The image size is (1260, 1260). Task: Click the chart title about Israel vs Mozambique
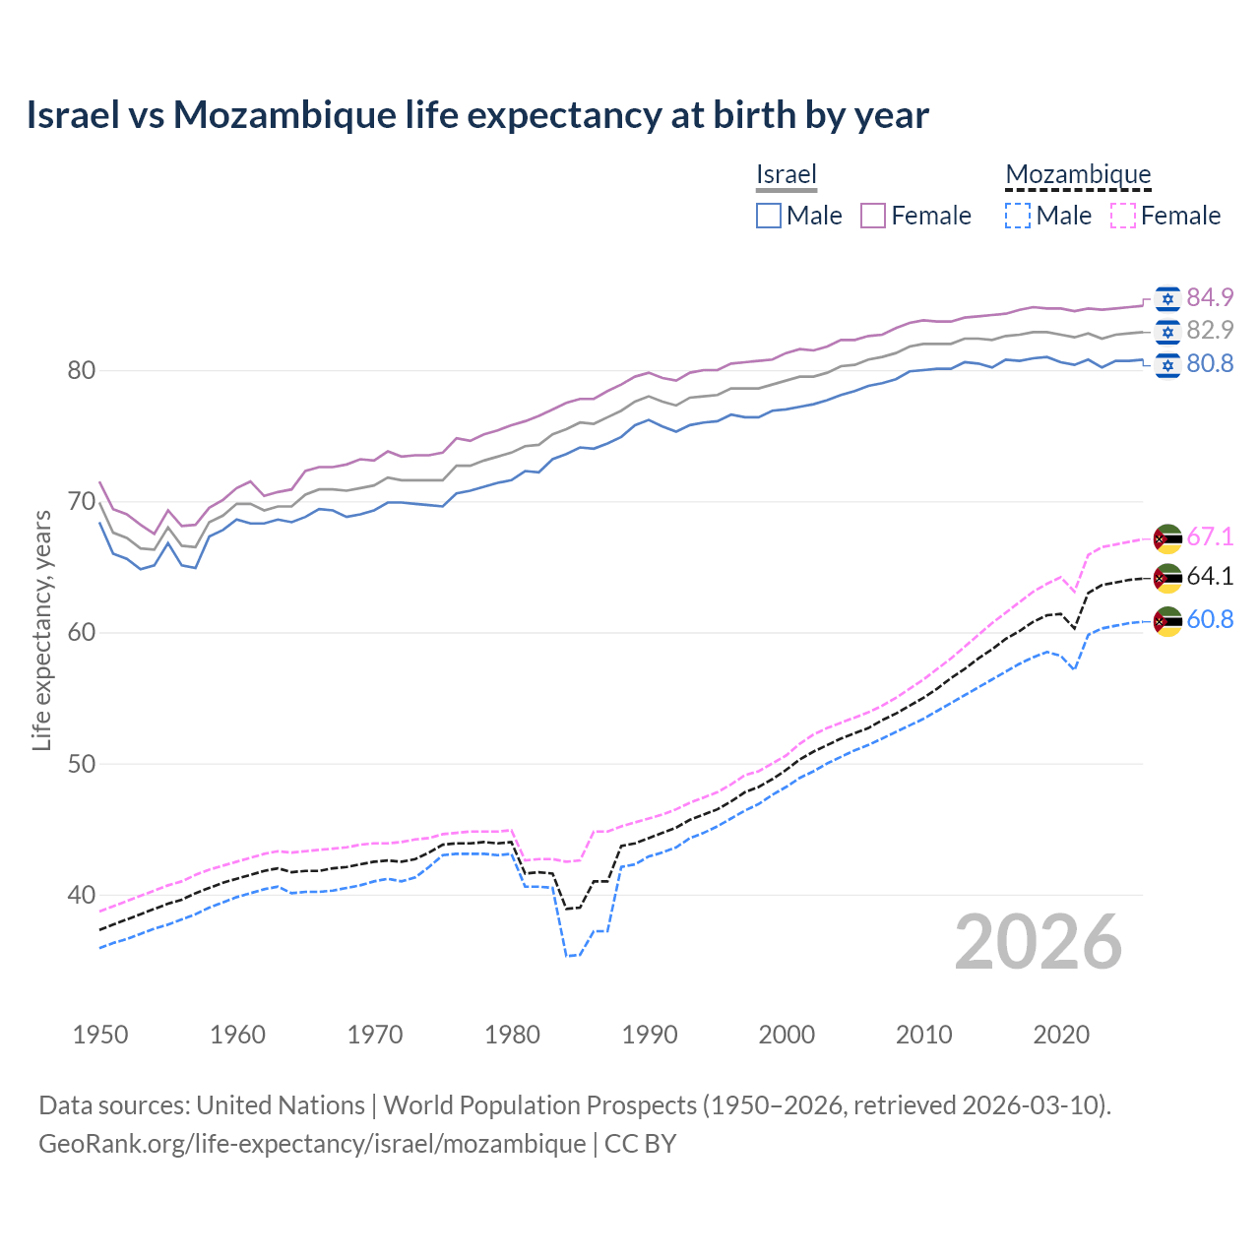[477, 115]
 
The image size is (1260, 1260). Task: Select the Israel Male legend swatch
[769, 216]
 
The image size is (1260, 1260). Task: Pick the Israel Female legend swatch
[873, 216]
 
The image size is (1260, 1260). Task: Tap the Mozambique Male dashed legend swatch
[1018, 216]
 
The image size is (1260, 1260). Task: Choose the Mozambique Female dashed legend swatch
[1122, 216]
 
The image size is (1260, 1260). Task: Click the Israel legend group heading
[787, 174]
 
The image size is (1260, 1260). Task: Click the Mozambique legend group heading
[1078, 174]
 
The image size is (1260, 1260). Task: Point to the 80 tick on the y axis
[82, 371]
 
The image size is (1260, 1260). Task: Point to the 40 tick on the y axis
[82, 895]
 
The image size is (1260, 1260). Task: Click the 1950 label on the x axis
[100, 1035]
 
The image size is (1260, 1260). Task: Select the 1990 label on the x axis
[650, 1035]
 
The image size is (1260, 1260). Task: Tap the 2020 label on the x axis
[1061, 1035]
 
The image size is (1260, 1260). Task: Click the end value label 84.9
[1210, 297]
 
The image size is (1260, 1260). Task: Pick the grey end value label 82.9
[1210, 330]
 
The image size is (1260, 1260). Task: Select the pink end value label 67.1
[1210, 536]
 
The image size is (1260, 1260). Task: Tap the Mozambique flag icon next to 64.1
[1167, 578]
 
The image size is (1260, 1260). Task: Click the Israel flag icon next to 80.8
[1167, 365]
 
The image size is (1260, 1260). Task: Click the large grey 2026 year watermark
[1039, 942]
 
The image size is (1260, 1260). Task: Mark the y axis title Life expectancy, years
[42, 630]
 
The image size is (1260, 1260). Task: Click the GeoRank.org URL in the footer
[312, 1144]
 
